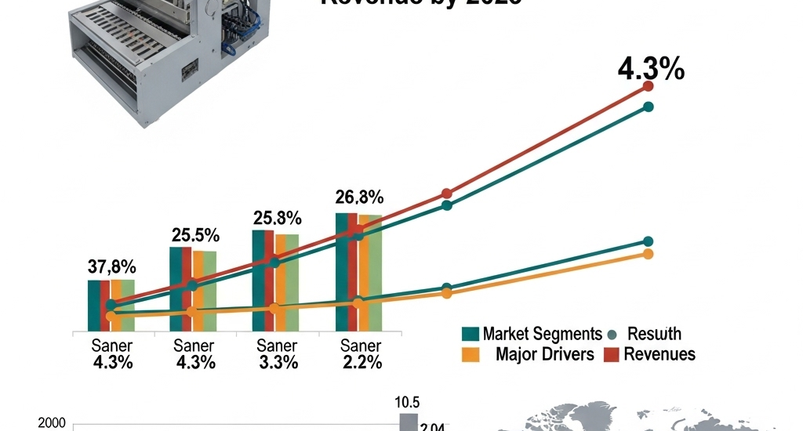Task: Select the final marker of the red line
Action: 649,86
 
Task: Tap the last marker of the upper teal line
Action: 649,107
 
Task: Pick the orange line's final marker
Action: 649,254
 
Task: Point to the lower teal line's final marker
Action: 649,241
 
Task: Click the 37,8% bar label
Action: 111,267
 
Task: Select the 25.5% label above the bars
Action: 195,234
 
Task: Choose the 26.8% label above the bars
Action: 359,196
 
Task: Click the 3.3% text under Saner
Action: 278,363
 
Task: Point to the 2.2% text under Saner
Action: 362,363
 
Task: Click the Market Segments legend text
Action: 542,334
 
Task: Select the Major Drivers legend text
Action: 545,354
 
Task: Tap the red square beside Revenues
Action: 612,354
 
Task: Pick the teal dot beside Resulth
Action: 613,335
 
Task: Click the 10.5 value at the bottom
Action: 405,403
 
